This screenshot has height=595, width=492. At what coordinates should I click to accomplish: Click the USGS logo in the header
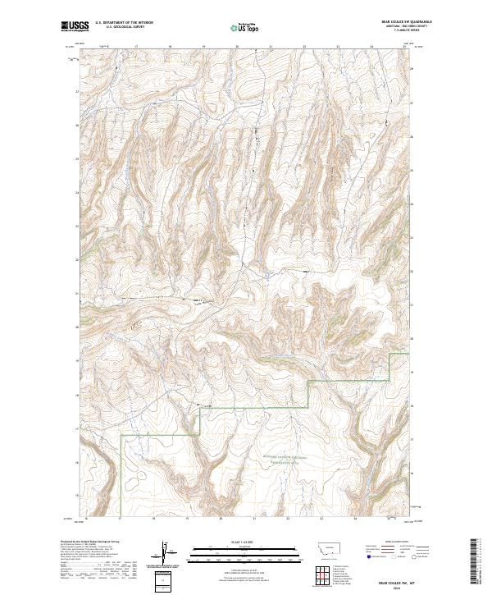(x=75, y=26)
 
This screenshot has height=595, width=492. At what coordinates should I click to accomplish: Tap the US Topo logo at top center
(x=245, y=27)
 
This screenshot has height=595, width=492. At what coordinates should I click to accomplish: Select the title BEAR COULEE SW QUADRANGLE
(x=388, y=21)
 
